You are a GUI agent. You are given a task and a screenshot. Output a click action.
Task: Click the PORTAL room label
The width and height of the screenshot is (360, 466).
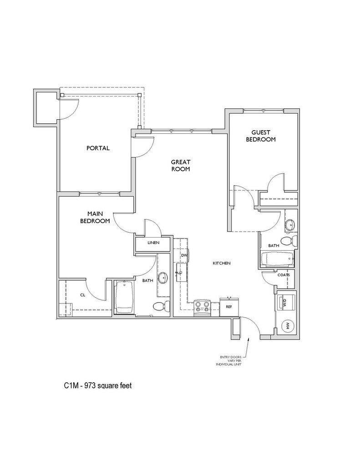pos(98,148)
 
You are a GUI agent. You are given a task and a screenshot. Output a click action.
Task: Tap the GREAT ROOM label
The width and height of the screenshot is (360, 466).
pos(180,166)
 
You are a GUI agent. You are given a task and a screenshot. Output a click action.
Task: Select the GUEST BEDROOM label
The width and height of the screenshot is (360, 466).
pos(261,136)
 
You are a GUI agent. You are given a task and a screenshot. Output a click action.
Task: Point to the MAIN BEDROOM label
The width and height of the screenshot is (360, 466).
pos(95,217)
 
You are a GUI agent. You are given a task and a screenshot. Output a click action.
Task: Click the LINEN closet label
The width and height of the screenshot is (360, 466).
pos(153,243)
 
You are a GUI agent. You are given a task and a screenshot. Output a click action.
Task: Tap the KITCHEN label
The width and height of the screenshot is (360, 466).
pos(222,263)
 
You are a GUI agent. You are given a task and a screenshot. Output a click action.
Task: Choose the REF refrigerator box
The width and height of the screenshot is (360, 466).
pos(229,307)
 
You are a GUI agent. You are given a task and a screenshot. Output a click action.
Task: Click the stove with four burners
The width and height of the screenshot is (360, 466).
pos(202,308)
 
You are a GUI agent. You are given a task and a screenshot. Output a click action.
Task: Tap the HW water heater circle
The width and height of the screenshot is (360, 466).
pos(288,325)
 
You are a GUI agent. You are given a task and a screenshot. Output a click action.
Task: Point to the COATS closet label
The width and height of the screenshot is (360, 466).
pos(283,275)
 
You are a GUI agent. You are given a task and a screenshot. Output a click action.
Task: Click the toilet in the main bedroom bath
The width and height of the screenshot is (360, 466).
pos(162,306)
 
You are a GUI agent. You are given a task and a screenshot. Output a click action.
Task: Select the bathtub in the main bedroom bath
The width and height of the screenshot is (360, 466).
pos(124,297)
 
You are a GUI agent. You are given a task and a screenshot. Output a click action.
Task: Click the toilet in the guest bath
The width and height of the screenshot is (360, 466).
pos(289,240)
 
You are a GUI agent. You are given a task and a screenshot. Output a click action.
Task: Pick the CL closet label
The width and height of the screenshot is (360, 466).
pos(83,295)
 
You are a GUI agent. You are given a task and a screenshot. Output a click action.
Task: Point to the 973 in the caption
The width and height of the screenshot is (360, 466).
pos(89,386)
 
